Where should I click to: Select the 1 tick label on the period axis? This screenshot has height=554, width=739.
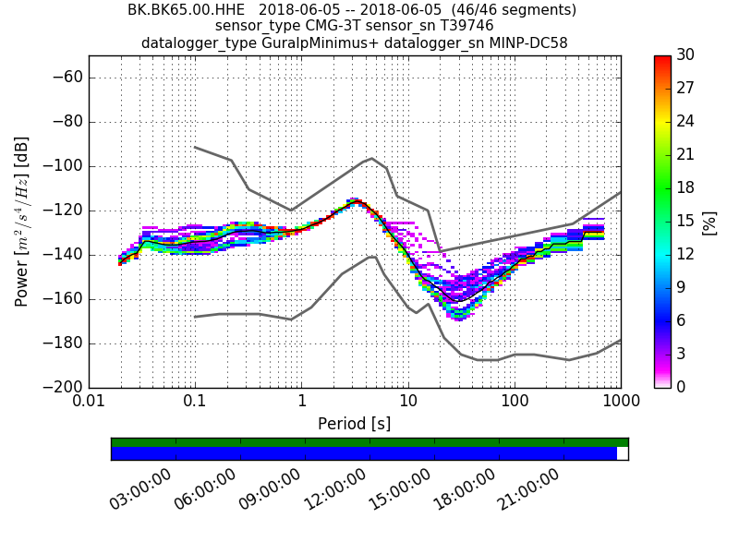pos(301,403)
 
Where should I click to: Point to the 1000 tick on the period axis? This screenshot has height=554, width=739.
pos(619,403)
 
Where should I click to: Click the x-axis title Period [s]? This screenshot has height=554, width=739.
pos(354,424)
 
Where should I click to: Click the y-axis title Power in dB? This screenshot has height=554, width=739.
pos(22,222)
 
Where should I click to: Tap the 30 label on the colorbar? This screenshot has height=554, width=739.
pos(686,55)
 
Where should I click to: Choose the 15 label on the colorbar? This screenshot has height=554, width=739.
pos(686,222)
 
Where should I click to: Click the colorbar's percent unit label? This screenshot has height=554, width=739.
pos(710,223)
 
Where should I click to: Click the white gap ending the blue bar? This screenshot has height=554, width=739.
pos(622,453)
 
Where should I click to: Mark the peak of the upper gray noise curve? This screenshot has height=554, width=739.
pos(371,158)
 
